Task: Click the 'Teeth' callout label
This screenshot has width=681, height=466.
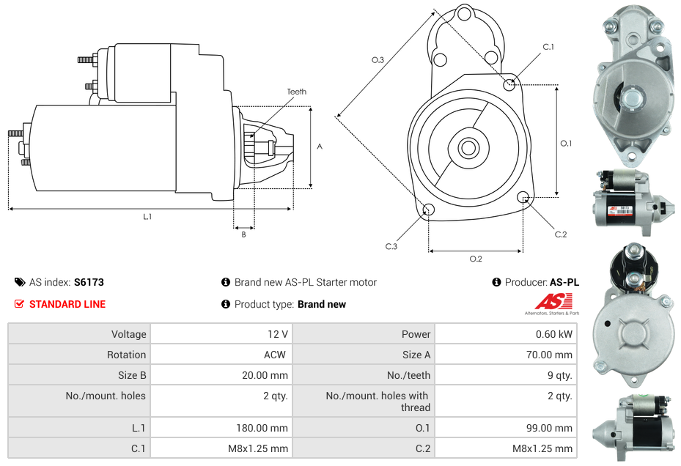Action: click(296, 92)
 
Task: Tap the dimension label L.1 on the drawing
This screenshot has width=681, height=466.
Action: click(147, 216)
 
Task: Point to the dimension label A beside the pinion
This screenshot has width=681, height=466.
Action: click(320, 147)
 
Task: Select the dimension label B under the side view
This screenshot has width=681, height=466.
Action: click(243, 234)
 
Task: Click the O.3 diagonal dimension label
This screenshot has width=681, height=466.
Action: click(378, 60)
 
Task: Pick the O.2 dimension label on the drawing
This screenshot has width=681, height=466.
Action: click(475, 259)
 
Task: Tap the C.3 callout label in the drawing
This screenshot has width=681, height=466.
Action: click(391, 246)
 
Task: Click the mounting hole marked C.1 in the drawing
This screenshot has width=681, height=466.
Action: click(509, 84)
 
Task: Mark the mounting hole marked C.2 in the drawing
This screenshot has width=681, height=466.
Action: click(523, 197)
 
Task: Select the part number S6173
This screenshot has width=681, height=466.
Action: click(89, 282)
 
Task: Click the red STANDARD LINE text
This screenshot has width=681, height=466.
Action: click(67, 304)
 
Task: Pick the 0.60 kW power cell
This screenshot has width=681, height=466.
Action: click(556, 334)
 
